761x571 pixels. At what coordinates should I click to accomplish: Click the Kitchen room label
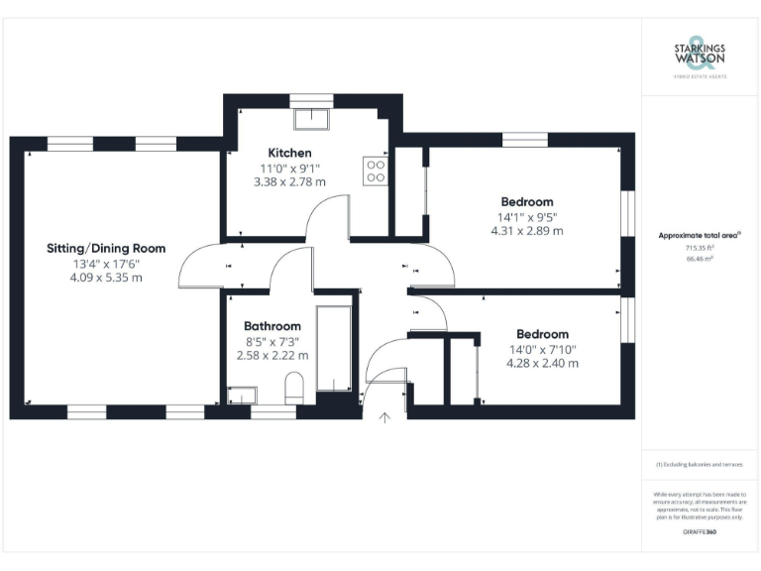[285, 153]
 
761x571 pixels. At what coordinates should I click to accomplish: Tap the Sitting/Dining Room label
[106, 248]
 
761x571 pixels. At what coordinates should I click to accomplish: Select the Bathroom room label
[272, 325]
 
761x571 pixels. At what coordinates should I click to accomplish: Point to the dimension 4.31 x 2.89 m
[526, 231]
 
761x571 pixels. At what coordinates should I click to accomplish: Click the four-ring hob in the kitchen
[377, 171]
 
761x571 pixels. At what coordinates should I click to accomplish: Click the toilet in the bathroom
[293, 388]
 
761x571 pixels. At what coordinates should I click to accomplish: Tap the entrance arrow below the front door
[384, 418]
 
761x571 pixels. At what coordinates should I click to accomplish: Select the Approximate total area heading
[700, 235]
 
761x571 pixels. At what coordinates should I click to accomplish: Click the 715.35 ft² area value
[700, 248]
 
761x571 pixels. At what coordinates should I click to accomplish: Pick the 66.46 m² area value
[700, 259]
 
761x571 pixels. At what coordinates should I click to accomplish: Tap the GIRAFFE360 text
[700, 531]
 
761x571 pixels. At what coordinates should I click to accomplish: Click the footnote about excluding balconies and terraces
[700, 464]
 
